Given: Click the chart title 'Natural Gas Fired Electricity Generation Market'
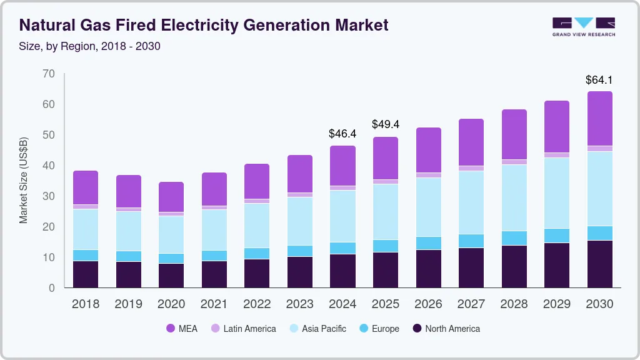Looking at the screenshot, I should pyautogui.click(x=204, y=25).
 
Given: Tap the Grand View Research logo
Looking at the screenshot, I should pyautogui.click(x=583, y=26).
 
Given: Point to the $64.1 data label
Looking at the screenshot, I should pyautogui.click(x=599, y=80).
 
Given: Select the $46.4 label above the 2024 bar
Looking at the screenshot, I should pyautogui.click(x=342, y=134).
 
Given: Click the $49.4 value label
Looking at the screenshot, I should pyautogui.click(x=385, y=124).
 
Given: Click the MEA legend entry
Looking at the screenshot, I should pyautogui.click(x=182, y=328).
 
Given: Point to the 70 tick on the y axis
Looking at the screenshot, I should pyautogui.click(x=49, y=74).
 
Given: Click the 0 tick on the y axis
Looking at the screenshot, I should pyautogui.click(x=52, y=288).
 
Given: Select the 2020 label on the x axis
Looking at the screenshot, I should pyautogui.click(x=171, y=304).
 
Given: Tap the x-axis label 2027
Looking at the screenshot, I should pyautogui.click(x=471, y=304).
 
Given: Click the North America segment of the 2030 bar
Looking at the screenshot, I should pyautogui.click(x=599, y=264).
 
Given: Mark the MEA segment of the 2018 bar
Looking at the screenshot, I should pyautogui.click(x=86, y=187).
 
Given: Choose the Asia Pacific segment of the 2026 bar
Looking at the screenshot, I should pyautogui.click(x=428, y=207).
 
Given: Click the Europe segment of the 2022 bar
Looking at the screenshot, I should pyautogui.click(x=257, y=253).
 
